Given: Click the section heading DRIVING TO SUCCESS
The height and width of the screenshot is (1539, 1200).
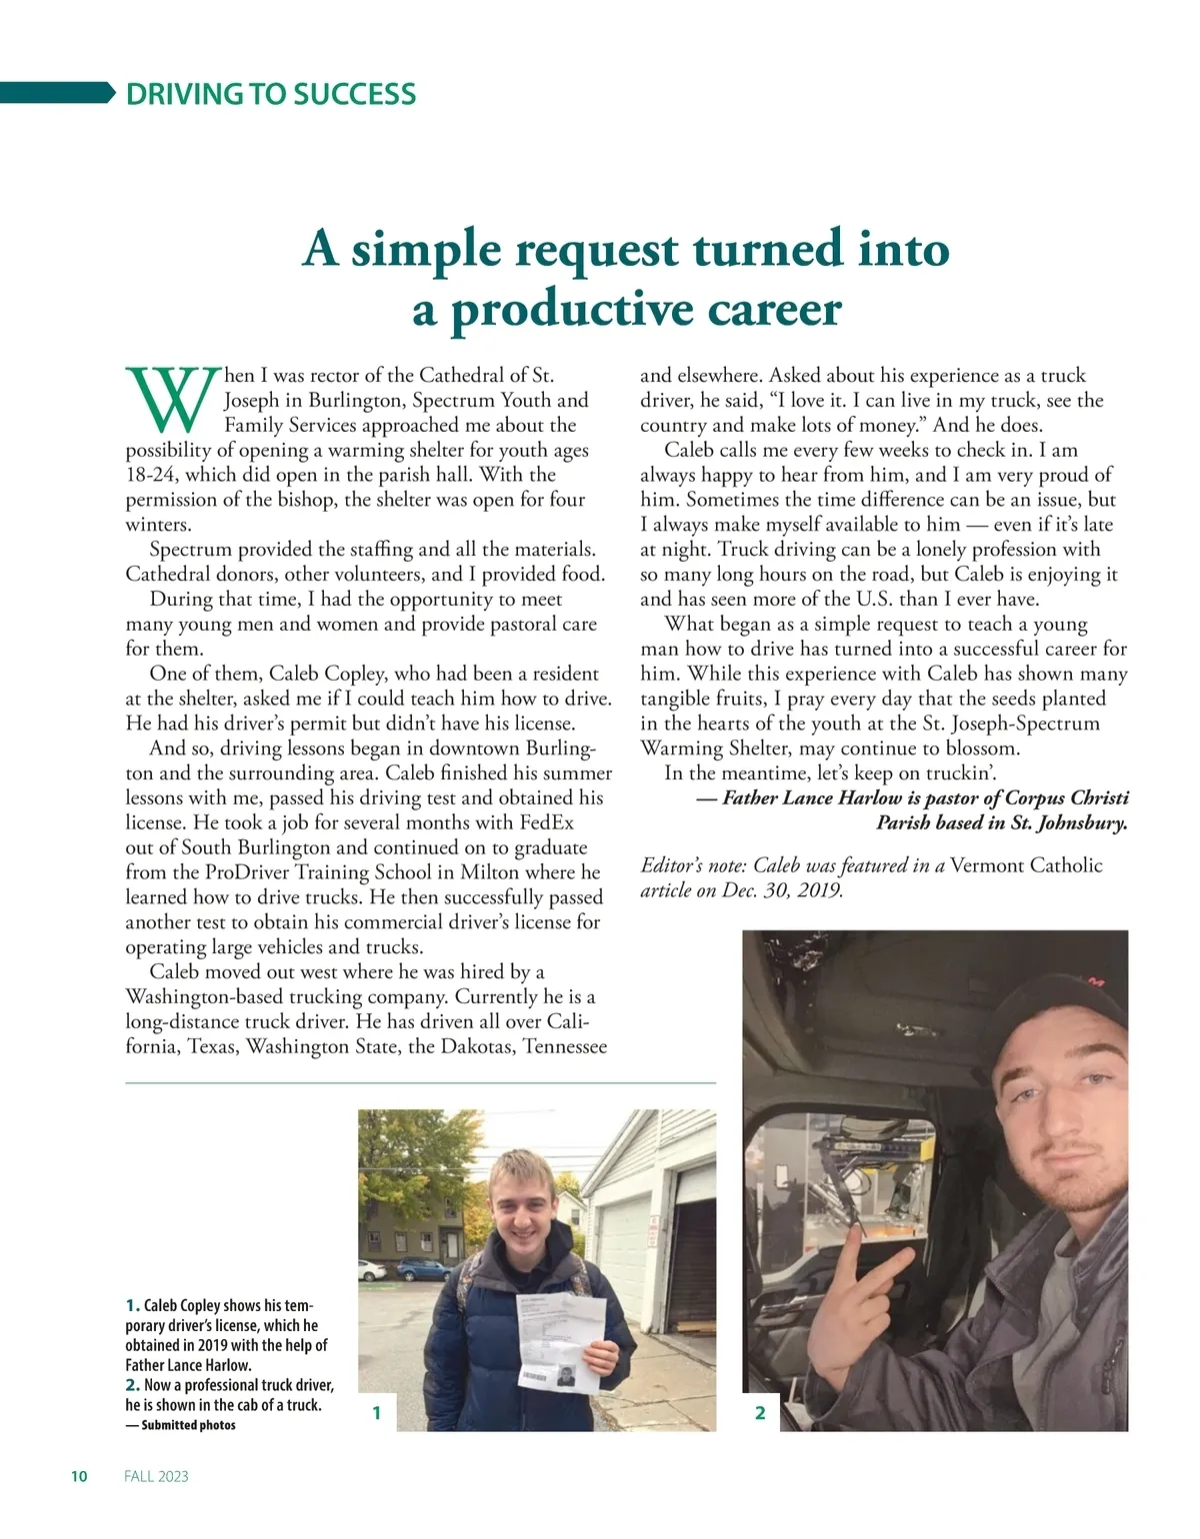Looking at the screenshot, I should [270, 94].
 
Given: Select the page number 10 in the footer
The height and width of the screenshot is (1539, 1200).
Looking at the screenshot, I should [80, 1476].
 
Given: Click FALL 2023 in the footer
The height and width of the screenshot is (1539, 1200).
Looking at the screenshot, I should [156, 1476].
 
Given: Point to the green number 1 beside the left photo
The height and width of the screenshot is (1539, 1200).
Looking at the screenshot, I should [376, 1412].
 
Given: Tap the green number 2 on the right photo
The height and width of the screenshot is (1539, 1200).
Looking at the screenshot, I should [760, 1412].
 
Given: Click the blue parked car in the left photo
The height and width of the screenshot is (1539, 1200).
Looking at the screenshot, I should [428, 1269].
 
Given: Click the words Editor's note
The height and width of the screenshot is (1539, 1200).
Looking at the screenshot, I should [692, 865].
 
